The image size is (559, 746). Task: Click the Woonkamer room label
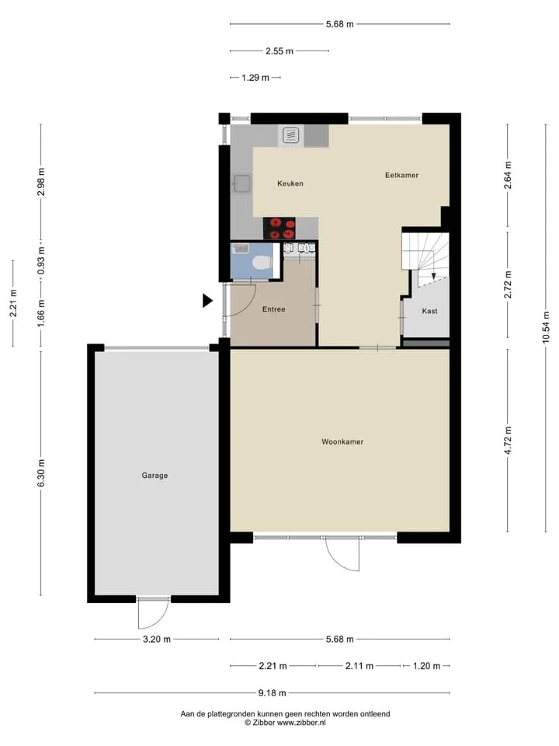(x=342, y=441)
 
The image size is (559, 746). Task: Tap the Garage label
(x=155, y=476)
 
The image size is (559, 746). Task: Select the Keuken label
(x=290, y=183)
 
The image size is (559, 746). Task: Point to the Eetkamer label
(x=401, y=175)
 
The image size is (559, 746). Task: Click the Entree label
(x=274, y=309)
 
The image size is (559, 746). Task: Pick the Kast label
(x=429, y=311)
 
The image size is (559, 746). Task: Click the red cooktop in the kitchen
(x=279, y=228)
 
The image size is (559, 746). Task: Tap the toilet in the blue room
(x=262, y=262)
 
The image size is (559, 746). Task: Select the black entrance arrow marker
(x=207, y=301)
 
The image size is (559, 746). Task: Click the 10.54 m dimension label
(x=546, y=327)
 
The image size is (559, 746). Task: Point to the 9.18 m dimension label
(x=272, y=693)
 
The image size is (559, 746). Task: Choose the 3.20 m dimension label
(x=157, y=640)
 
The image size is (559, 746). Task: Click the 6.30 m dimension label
(x=41, y=473)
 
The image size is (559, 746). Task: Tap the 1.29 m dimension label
(x=255, y=78)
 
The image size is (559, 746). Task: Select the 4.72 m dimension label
(x=508, y=440)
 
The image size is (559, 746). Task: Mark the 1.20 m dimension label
(x=426, y=666)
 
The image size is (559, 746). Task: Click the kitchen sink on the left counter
(x=242, y=183)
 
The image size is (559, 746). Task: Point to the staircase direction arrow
(x=433, y=277)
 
